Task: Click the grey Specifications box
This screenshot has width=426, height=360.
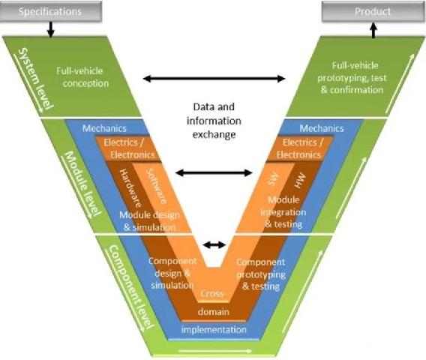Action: click(x=51, y=11)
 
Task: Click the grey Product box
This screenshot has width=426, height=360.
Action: click(x=373, y=11)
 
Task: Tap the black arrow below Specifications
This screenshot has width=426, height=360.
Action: click(x=50, y=29)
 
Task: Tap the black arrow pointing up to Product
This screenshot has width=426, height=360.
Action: click(x=373, y=30)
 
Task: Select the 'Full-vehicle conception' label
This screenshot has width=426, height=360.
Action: click(x=82, y=77)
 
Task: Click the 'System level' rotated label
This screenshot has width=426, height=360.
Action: click(x=35, y=79)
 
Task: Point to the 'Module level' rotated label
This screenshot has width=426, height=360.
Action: click(x=82, y=184)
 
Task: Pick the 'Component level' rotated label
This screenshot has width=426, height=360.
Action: click(x=131, y=287)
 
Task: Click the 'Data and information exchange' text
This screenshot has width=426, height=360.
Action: click(x=214, y=121)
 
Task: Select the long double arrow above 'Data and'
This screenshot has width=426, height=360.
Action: click(x=214, y=79)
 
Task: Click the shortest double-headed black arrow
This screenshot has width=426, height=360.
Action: click(x=214, y=245)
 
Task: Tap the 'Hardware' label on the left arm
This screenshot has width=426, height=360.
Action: click(x=130, y=188)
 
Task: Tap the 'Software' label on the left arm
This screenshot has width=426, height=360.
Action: click(x=157, y=186)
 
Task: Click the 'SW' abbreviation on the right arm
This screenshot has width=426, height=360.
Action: click(x=273, y=179)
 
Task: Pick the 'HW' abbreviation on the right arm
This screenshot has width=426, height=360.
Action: click(x=300, y=180)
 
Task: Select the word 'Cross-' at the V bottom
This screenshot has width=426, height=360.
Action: click(x=213, y=294)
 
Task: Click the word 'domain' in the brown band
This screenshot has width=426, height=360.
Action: click(x=214, y=312)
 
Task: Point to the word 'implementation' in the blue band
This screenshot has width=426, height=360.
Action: click(x=214, y=329)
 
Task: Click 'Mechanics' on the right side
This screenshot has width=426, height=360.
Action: click(x=322, y=128)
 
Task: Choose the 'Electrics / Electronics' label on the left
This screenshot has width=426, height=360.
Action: click(x=129, y=148)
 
